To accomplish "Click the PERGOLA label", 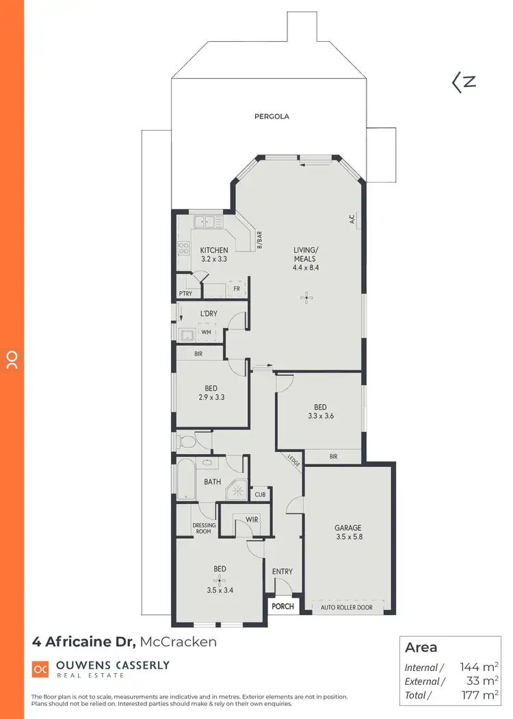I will pos(272,116).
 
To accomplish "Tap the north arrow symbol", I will pos(464,82).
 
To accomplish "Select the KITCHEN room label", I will pos(213,250).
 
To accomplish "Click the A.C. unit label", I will pos(351,220).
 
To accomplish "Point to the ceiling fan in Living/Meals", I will pos(308,297).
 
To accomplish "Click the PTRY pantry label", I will pos(185,294).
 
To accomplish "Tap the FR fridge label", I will pos(236,288).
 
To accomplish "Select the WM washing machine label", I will pos(206,333).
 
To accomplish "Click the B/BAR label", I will pos(260,242).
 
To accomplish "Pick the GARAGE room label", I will pos(347,528).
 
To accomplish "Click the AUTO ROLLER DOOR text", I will pos(347,607).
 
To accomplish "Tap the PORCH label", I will pos(282,606).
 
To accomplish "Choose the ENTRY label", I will pos(282,572).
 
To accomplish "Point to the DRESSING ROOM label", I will pos(204,529).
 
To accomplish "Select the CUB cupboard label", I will pos(260,494).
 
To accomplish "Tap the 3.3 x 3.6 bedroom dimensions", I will pos(320,416).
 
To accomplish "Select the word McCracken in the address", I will pos(179,642).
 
